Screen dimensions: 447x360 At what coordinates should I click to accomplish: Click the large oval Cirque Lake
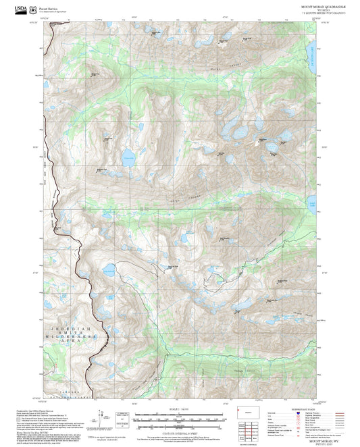coord(128,160)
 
